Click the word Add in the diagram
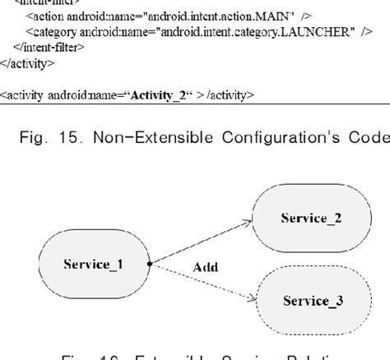tap(205, 267)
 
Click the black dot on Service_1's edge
tap(149, 264)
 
